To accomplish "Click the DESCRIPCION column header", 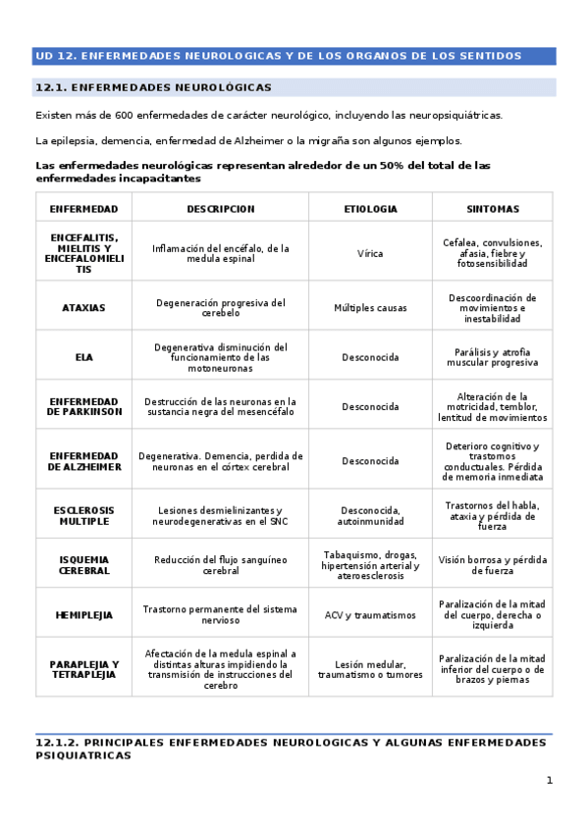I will (x=221, y=209).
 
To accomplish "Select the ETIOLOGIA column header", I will (x=370, y=209).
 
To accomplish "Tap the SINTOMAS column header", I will (x=493, y=209).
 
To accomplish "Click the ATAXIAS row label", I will (x=83, y=308).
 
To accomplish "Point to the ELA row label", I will (x=83, y=358).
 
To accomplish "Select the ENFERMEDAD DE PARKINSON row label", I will (x=83, y=407).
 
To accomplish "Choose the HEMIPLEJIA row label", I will (x=83, y=615).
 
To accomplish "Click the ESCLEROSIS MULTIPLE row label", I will (x=83, y=516).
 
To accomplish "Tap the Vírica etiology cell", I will (x=370, y=253).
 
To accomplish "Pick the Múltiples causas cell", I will (x=370, y=308).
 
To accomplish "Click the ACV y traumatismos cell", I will (x=370, y=615).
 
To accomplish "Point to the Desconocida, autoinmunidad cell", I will (x=370, y=516).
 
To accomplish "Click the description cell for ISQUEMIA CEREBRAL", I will (x=221, y=565).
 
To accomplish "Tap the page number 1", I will (x=550, y=781).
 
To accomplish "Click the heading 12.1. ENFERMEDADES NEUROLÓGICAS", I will (x=153, y=88).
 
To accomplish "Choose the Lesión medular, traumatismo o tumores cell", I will (x=370, y=670).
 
